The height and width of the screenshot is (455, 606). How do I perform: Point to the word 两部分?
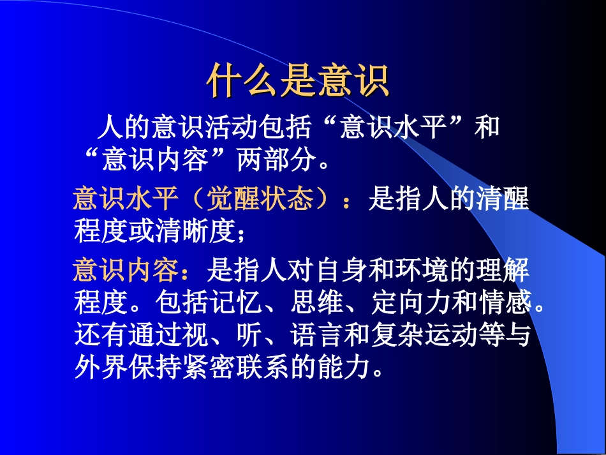click(277, 160)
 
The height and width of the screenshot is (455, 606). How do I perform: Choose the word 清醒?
click(503, 200)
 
